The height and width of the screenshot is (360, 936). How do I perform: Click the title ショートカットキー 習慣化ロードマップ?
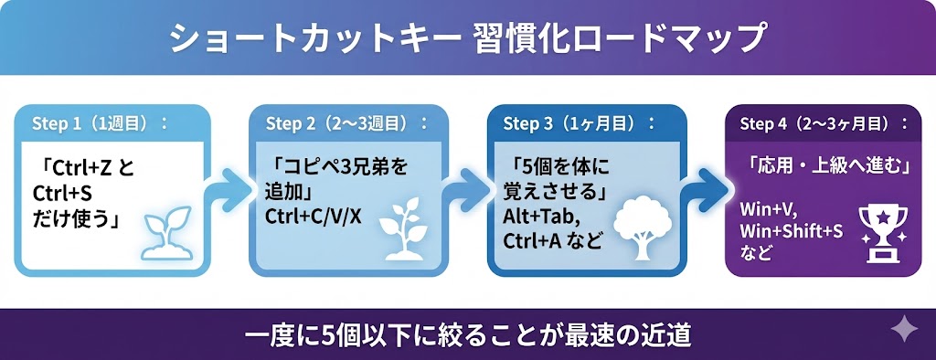[467, 39]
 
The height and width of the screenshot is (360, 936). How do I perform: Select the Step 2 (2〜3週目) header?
[347, 123]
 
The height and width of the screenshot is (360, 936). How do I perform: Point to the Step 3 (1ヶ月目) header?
[580, 123]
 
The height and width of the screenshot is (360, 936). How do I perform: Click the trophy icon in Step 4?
[882, 234]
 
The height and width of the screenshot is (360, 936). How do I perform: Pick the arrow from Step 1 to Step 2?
[229, 190]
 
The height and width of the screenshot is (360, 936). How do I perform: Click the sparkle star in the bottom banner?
[904, 329]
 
